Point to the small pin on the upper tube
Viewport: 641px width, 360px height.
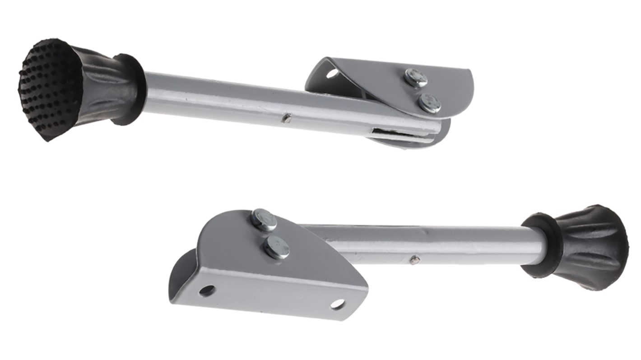pos(286,118)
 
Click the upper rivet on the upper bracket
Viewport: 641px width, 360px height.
pos(416,77)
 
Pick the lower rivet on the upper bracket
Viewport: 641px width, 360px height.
pos(429,103)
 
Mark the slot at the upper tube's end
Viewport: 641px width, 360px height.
pos(397,134)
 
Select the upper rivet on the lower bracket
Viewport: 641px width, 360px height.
pos(264,220)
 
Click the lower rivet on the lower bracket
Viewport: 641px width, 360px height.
pos(276,248)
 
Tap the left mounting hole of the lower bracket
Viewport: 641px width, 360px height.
pos(207,290)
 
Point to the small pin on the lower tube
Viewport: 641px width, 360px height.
pos(414,259)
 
